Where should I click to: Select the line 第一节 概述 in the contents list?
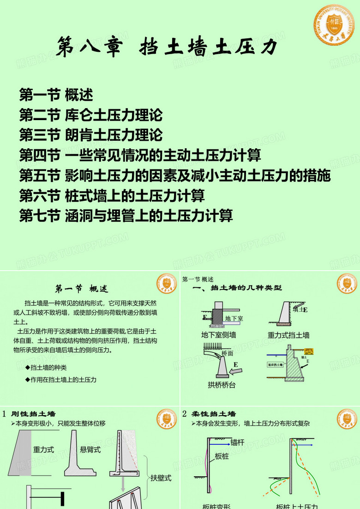56,95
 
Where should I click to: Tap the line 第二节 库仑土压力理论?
91,115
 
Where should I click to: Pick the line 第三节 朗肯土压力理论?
91,135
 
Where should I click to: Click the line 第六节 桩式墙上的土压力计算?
112,195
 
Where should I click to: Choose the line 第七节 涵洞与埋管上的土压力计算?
126,215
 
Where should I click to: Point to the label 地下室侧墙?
219,335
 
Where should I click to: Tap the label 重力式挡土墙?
288,335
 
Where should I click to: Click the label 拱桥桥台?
222,384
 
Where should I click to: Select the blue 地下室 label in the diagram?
234,318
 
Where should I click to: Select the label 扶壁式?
161,478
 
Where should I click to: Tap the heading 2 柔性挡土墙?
209,414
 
